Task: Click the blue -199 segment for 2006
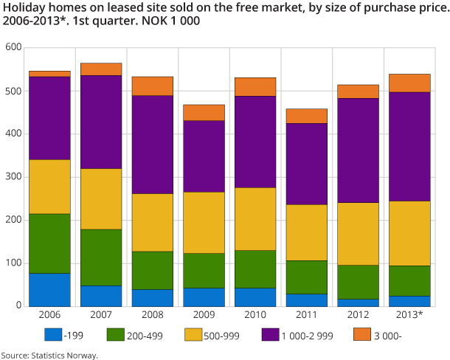pyautogui.click(x=49, y=289)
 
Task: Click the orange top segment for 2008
pyautogui.click(x=153, y=86)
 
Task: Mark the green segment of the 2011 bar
pyautogui.click(x=307, y=277)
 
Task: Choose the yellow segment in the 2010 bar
pyautogui.click(x=255, y=219)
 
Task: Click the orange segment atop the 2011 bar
pyautogui.click(x=307, y=116)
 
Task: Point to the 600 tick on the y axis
pyautogui.click(x=13, y=48)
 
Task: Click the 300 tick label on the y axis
pyautogui.click(x=13, y=177)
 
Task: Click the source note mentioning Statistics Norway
pyautogui.click(x=49, y=355)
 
